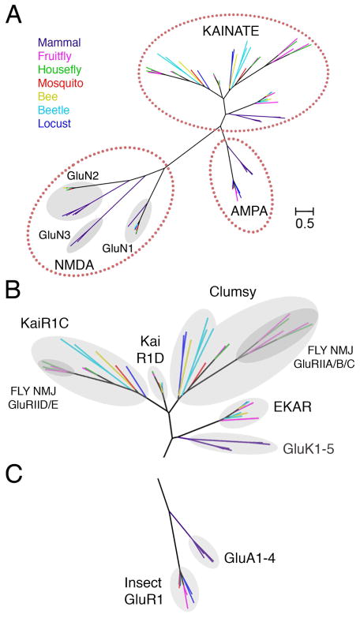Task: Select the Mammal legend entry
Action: click(59, 43)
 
